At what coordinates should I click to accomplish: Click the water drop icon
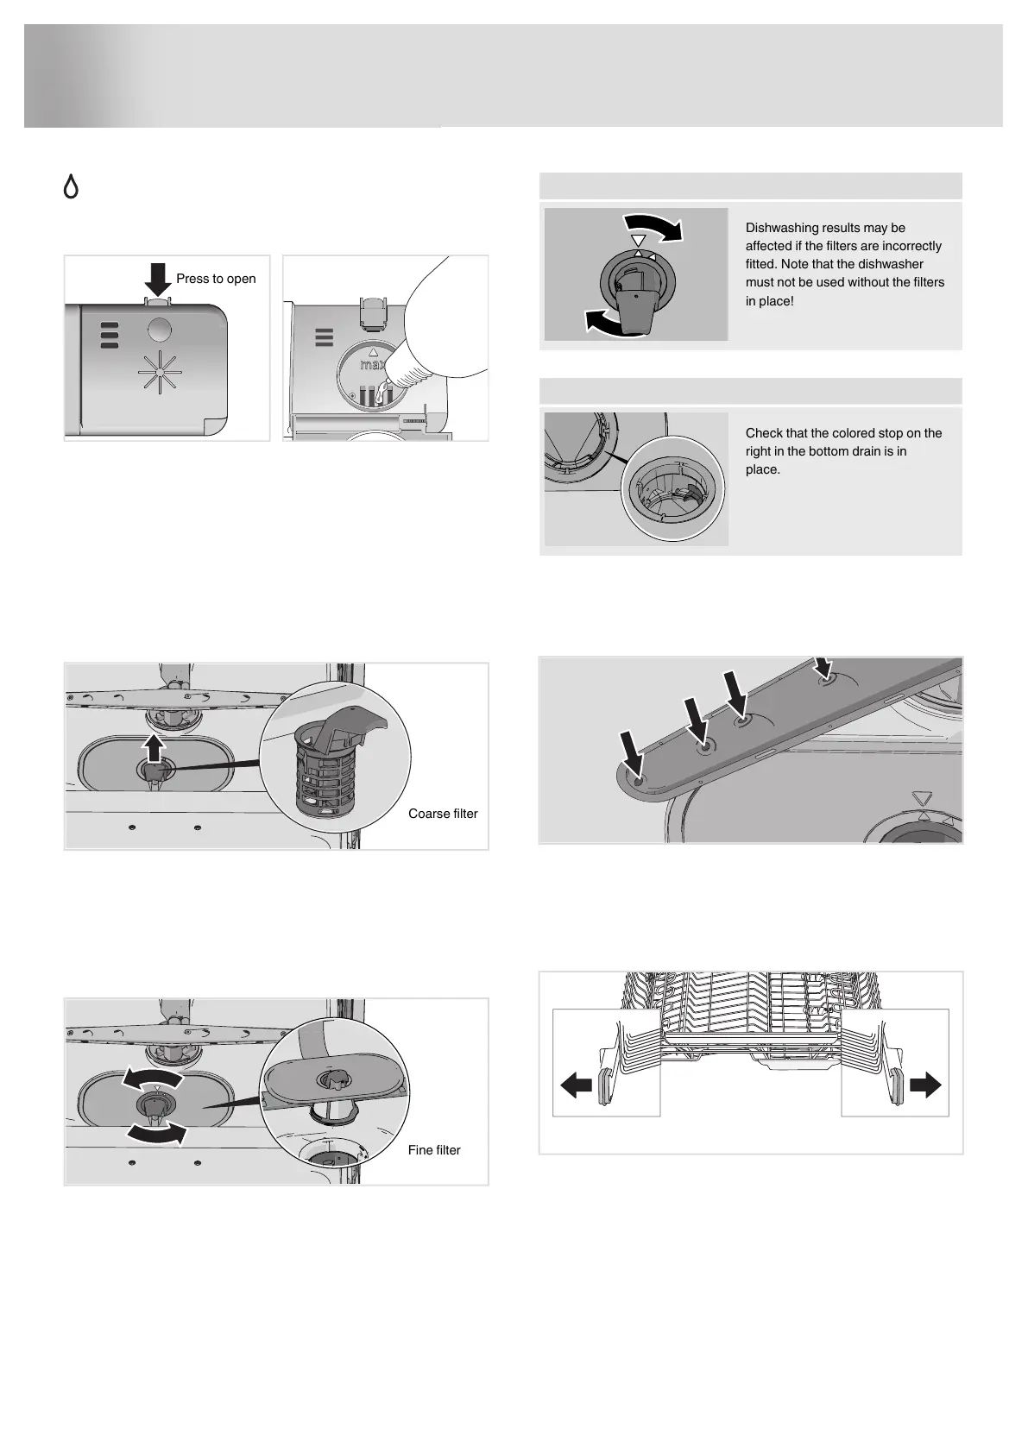[71, 186]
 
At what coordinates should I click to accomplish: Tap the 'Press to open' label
[216, 279]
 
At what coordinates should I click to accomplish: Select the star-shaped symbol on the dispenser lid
[160, 373]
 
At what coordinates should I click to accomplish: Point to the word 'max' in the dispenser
[372, 365]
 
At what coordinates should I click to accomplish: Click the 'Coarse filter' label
[443, 814]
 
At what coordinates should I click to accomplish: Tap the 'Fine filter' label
[434, 1150]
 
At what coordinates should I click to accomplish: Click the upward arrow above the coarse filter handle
[154, 747]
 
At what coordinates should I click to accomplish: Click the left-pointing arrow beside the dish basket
[576, 1084]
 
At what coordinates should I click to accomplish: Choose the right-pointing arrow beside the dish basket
[925, 1084]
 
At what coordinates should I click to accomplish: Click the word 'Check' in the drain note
[763, 433]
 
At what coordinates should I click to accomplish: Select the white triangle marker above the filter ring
[638, 241]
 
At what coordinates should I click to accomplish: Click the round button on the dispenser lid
[160, 329]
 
